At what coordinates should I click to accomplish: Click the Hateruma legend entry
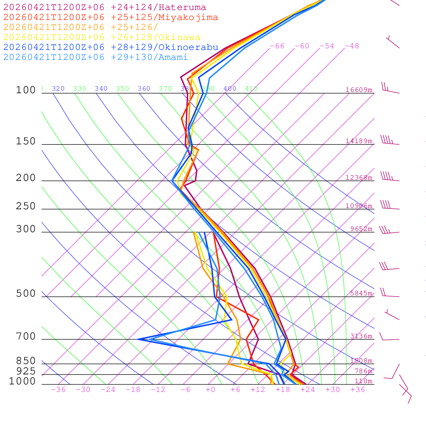click(104, 7)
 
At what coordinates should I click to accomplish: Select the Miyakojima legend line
click(110, 17)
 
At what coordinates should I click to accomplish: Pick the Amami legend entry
click(95, 57)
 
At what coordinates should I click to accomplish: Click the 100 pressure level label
click(26, 90)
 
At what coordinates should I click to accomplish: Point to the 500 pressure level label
click(26, 294)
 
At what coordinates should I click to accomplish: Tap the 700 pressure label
click(26, 337)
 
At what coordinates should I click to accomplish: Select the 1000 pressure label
click(22, 381)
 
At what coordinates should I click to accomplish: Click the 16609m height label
click(359, 90)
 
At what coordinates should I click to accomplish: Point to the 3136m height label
click(361, 336)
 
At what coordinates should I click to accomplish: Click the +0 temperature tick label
click(211, 390)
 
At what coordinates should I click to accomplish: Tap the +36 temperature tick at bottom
click(358, 390)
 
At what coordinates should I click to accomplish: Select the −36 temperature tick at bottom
click(58, 390)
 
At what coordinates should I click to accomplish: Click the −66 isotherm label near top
click(277, 46)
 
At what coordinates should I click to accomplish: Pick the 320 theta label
click(58, 89)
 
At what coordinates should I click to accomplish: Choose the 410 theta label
click(251, 89)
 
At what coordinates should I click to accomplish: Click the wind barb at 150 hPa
click(389, 141)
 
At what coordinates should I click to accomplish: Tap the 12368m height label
click(359, 178)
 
